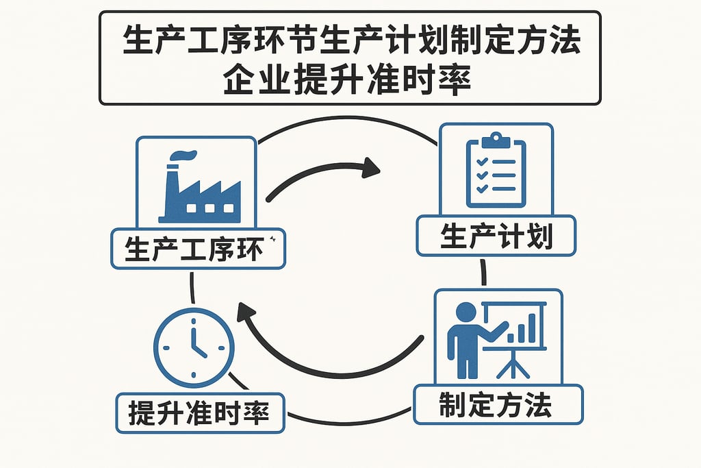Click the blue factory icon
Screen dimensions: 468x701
pos(199,189)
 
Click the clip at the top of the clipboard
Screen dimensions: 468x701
pos(496,141)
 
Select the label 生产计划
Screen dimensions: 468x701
pos(496,236)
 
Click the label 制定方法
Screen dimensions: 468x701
pos(498,406)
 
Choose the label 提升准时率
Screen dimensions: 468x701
pos(199,413)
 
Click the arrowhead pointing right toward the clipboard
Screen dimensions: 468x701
pos(370,167)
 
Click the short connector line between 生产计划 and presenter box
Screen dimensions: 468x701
pos(483,271)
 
